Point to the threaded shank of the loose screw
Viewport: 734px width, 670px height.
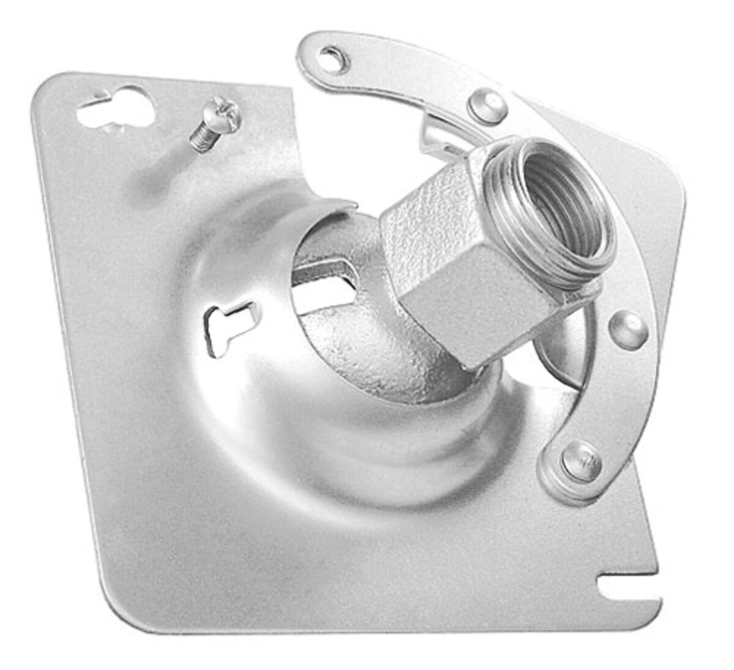point(202,138)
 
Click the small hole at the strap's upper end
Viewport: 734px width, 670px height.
point(334,60)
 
